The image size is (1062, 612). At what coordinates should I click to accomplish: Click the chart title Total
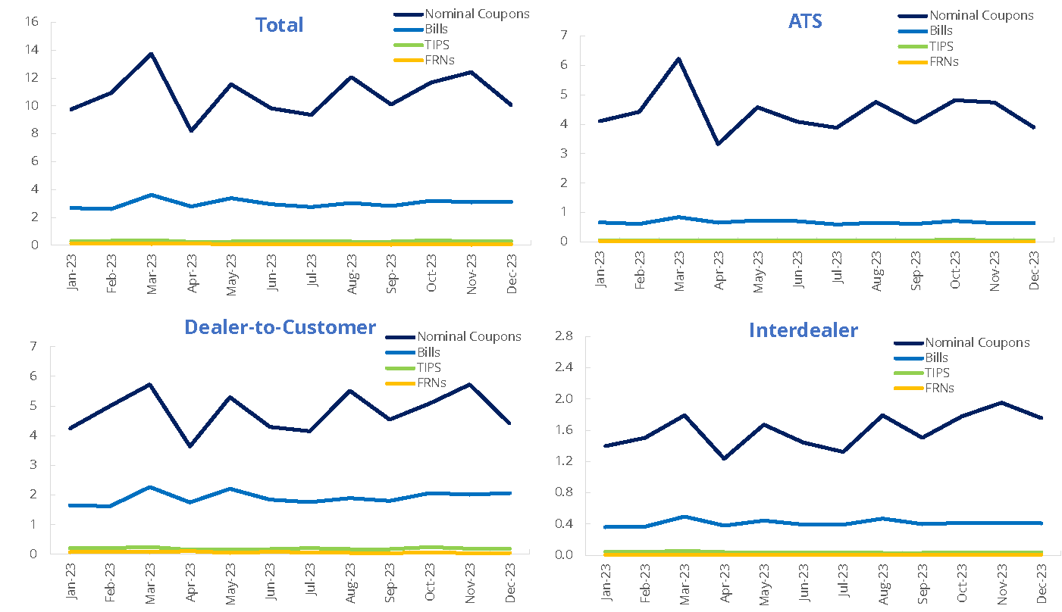pyautogui.click(x=279, y=25)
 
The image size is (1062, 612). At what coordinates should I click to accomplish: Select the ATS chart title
pyautogui.click(x=805, y=20)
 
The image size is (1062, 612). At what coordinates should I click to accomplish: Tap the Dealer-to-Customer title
pyautogui.click(x=280, y=326)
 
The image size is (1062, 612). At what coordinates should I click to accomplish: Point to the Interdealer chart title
pyautogui.click(x=803, y=330)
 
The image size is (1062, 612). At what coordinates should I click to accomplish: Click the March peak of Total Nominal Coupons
pyautogui.click(x=151, y=54)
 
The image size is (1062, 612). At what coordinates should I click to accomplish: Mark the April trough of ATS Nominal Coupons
pyautogui.click(x=718, y=144)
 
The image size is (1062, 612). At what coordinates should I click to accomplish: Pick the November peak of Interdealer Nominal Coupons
pyautogui.click(x=1002, y=402)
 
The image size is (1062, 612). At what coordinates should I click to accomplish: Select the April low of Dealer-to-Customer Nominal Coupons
pyautogui.click(x=190, y=446)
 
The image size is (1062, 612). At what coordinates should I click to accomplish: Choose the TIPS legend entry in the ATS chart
pyautogui.click(x=944, y=46)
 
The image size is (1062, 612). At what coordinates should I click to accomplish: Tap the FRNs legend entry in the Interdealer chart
pyautogui.click(x=939, y=388)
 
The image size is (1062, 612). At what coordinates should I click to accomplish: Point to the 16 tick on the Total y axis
pyautogui.click(x=32, y=21)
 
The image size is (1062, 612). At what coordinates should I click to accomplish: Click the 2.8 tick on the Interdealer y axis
pyautogui.click(x=567, y=336)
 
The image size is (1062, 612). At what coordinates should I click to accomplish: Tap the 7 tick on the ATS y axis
pyautogui.click(x=584, y=36)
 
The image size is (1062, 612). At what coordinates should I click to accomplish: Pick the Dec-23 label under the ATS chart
pyautogui.click(x=1034, y=267)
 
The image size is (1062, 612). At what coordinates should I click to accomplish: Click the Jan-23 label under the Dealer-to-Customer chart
pyautogui.click(x=72, y=579)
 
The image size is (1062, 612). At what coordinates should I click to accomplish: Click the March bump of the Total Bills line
pyautogui.click(x=152, y=195)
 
